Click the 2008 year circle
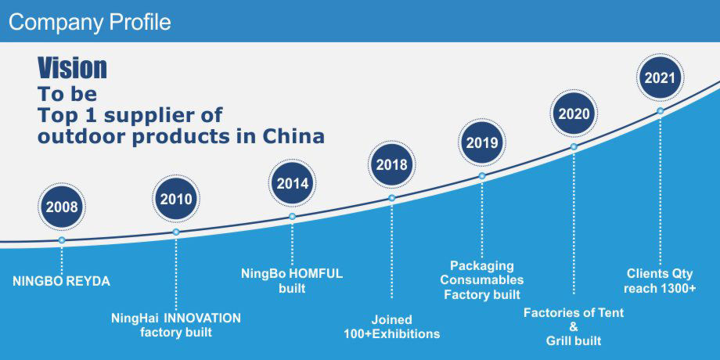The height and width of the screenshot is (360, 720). coord(62,207)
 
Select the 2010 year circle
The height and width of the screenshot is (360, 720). coord(176,199)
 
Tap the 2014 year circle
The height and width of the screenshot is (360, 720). coord(292,183)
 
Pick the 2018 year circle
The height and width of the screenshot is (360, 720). coord(391,164)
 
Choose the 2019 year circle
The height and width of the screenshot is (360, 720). coord(481,142)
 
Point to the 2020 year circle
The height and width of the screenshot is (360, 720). coord(574,113)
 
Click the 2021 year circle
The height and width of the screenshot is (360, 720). coord(660,77)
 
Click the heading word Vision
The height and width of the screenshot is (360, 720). coord(73,68)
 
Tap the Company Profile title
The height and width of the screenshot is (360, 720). coord(90,22)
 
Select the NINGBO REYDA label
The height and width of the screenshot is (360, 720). coord(62,282)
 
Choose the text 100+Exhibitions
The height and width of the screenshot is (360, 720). coord(391,334)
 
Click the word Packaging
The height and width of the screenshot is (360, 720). coord(481,265)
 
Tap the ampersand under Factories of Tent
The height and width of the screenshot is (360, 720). coord(574,327)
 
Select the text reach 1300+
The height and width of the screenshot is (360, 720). coord(660,288)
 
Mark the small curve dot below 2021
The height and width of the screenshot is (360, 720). coord(660,110)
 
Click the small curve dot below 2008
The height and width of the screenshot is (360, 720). coord(62,239)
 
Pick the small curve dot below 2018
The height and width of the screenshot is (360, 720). coord(391,198)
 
